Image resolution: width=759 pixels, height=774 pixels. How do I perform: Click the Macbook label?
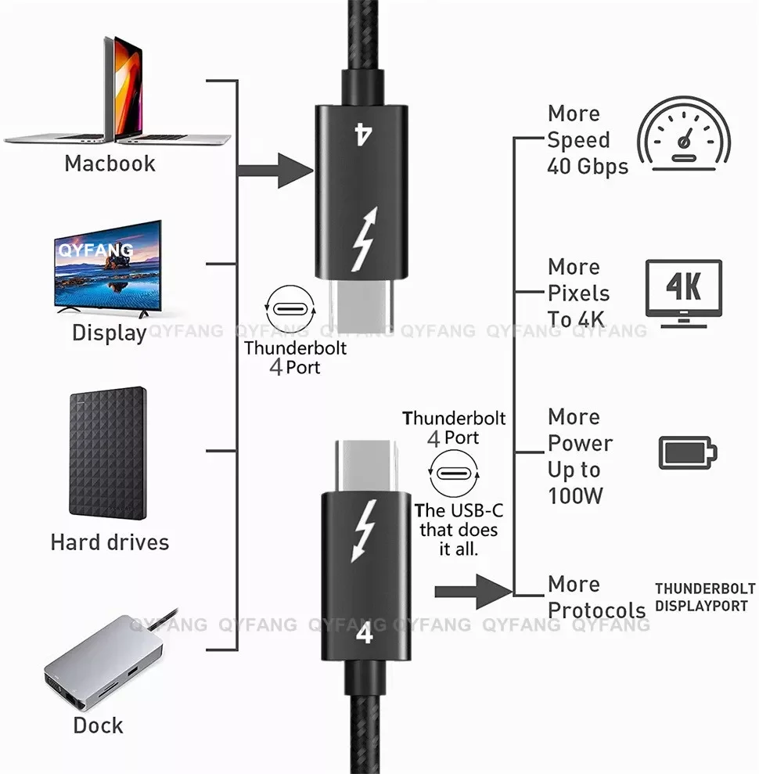pos(110,164)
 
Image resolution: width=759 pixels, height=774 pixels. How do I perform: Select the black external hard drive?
pos(106,452)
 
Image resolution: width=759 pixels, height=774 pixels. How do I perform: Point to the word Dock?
pos(98,725)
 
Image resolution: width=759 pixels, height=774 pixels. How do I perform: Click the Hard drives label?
pos(110,542)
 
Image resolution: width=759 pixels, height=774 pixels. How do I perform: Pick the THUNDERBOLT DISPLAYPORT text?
pos(705,597)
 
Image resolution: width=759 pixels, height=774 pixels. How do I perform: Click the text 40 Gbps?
pos(588,167)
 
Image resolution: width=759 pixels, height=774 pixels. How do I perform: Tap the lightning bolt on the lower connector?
pos(364,531)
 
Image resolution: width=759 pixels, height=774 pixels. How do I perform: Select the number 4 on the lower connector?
pos(363,634)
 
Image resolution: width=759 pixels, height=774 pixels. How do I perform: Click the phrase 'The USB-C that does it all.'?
pos(459,530)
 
